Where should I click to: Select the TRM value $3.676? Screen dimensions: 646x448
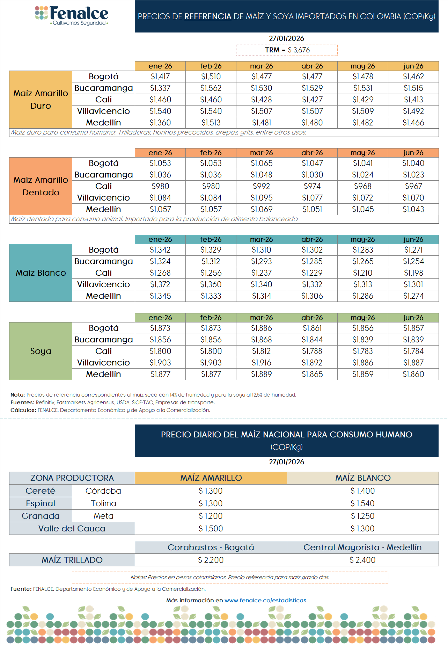pos(299,50)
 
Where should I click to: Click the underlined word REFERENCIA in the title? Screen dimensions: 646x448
pos(208,16)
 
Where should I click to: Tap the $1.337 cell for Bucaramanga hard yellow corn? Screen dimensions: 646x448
pos(160,88)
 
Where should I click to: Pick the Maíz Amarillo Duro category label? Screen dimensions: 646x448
pos(41,100)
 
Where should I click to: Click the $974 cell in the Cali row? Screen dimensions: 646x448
pos(312,186)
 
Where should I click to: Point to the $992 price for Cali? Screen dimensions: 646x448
pos(262,186)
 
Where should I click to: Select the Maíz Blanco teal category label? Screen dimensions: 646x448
pos(41,273)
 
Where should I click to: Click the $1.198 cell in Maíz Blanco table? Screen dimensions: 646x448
pos(413,273)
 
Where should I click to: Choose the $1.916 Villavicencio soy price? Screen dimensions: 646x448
pos(262,363)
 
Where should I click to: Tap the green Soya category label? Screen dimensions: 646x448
pos(41,351)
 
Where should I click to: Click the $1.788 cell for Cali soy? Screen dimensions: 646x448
pos(312,351)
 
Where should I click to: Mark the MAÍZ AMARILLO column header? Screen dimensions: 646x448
pos(211,478)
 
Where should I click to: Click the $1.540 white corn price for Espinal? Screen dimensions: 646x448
pos(362,503)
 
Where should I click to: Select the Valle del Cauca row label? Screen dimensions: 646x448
pos(72,529)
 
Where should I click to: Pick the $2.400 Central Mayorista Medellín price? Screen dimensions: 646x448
pos(362,560)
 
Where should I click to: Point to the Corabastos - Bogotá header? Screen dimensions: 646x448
pos(211,547)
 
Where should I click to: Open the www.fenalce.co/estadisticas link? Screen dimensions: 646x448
pos(265,600)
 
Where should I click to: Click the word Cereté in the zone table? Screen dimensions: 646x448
pos(41,491)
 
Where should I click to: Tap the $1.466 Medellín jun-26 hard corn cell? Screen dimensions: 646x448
pos(413,123)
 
